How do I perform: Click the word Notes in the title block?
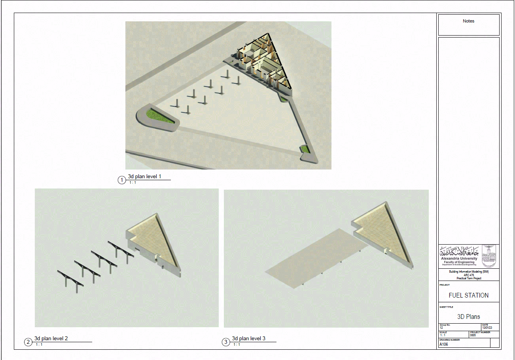pyautogui.click(x=468, y=21)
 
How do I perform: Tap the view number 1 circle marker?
pyautogui.click(x=122, y=180)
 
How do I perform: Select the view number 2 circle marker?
pyautogui.click(x=28, y=342)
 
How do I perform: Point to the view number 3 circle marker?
pyautogui.click(x=226, y=342)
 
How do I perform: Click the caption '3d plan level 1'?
pyautogui.click(x=144, y=177)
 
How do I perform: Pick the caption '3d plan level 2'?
pyautogui.click(x=51, y=339)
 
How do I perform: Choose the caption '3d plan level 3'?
pyautogui.click(x=248, y=339)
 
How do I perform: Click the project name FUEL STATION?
pyautogui.click(x=468, y=296)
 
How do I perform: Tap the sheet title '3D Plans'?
pyautogui.click(x=468, y=317)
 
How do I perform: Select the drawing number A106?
pyautogui.click(x=443, y=344)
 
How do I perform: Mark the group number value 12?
pyautogui.click(x=441, y=328)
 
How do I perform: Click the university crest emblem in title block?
pyautogui.click(x=490, y=256)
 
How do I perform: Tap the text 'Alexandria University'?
pyautogui.click(x=459, y=258)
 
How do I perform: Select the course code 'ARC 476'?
pyautogui.click(x=469, y=275)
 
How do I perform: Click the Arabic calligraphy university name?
pyautogui.click(x=459, y=251)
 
